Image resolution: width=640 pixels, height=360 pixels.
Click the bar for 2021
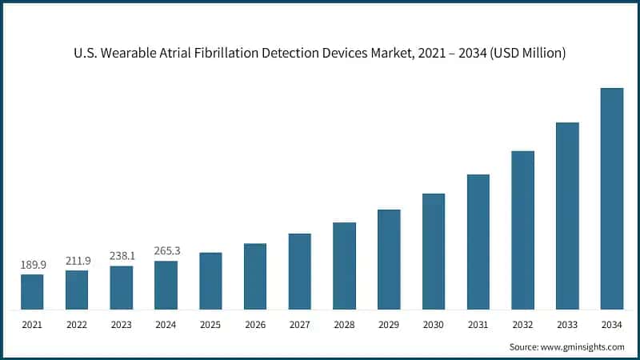click(32, 292)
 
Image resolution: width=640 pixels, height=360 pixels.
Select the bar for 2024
click(166, 286)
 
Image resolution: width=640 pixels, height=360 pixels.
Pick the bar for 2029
click(389, 259)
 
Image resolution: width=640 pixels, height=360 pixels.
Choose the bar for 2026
click(255, 276)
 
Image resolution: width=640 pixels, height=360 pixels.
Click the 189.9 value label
click(32, 265)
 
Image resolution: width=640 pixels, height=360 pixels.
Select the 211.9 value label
click(77, 260)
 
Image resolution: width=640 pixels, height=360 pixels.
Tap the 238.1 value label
click(122, 256)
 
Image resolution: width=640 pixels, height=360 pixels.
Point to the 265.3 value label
click(166, 251)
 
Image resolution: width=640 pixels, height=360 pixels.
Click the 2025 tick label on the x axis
click(210, 324)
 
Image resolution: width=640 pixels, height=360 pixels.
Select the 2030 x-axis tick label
click(434, 324)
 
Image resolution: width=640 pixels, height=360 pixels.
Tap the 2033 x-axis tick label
click(567, 324)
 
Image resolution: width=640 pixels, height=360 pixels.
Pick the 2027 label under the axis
click(300, 324)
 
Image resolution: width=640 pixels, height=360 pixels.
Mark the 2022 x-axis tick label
click(77, 324)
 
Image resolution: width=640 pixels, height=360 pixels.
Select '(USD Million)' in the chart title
click(528, 54)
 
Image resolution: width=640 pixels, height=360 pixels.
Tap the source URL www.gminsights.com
click(583, 346)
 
